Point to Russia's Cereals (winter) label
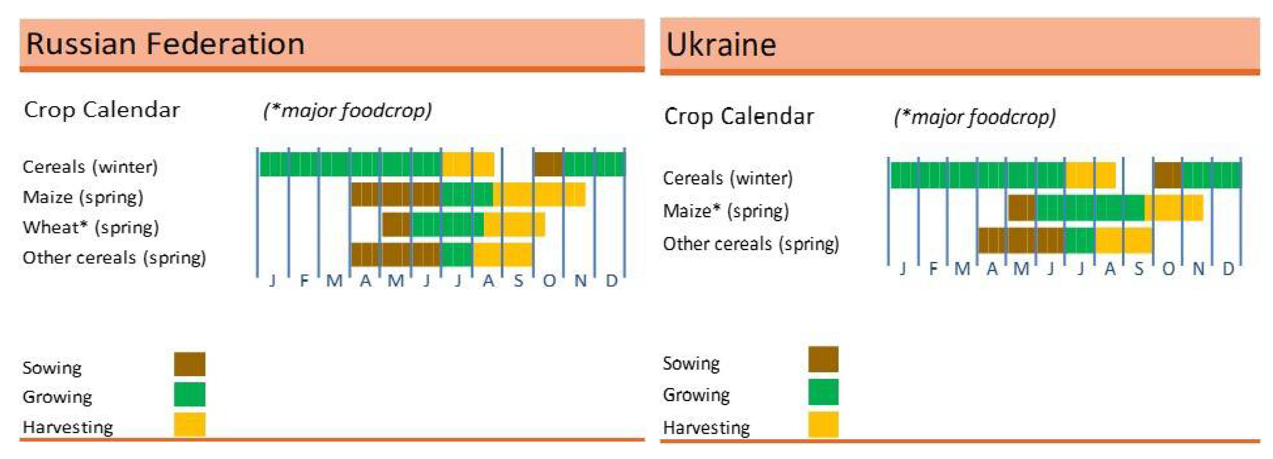(90, 167)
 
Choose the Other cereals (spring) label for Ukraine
(751, 244)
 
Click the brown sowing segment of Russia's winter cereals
(548, 164)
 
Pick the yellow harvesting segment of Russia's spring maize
(539, 195)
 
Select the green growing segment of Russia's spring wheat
(447, 224)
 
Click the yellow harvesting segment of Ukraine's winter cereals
(1090, 175)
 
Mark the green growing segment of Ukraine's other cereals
(1080, 240)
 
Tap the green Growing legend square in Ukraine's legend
(823, 392)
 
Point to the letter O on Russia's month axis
(549, 281)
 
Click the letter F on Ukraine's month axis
(933, 269)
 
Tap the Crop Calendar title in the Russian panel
(102, 110)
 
